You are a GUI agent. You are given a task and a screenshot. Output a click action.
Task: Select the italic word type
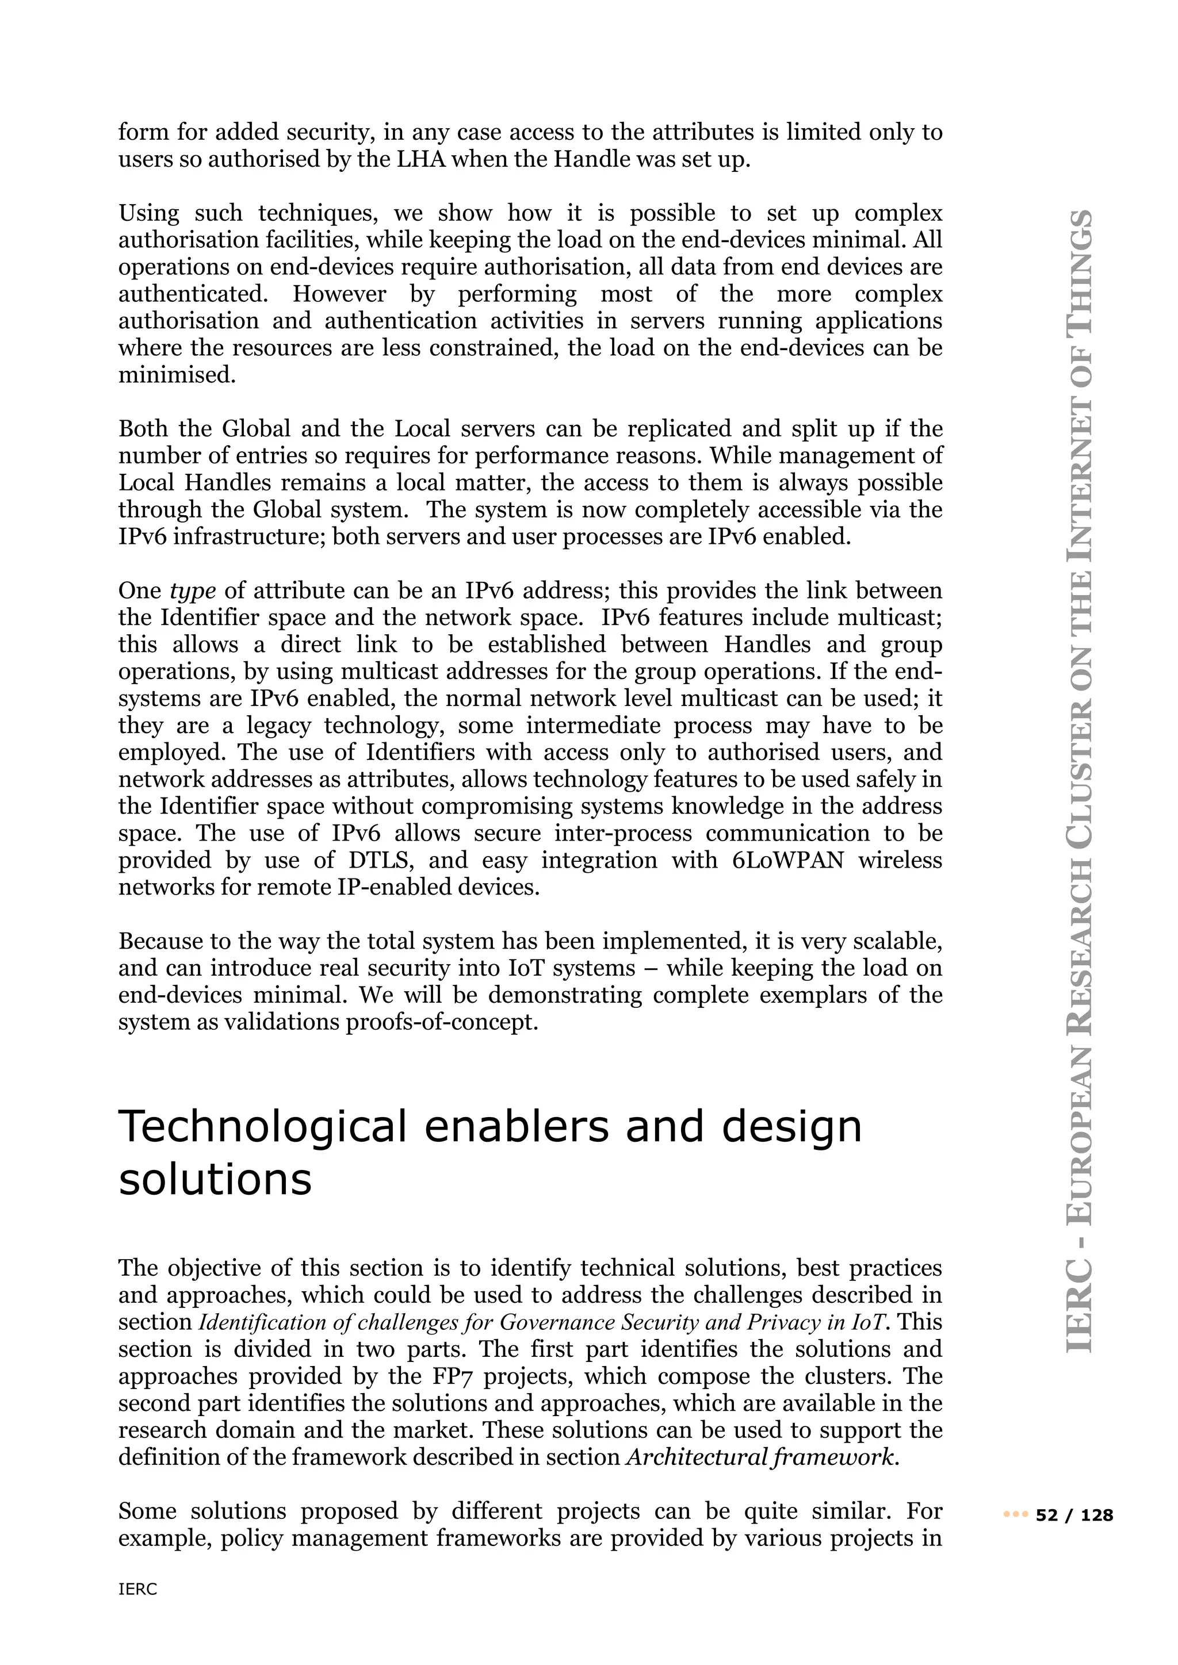click(x=192, y=591)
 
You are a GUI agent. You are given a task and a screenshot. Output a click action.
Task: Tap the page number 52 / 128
click(x=1074, y=1515)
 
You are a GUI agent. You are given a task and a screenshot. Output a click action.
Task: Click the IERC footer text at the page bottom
click(x=138, y=1590)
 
